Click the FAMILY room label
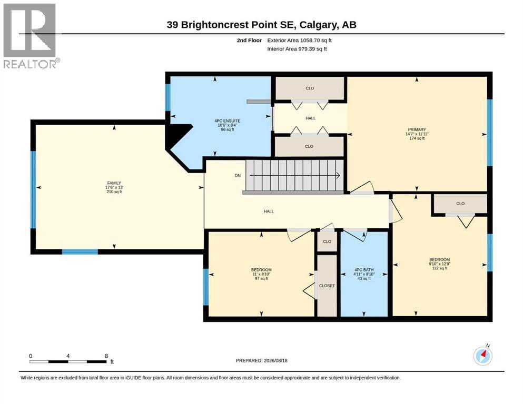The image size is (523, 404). pos(114,183)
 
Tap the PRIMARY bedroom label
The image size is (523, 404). pos(417,129)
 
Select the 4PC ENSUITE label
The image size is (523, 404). pos(228,121)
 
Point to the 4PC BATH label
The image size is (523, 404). pos(364,270)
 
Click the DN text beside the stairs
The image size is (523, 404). pos(238,176)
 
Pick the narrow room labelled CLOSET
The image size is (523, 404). pos(327,286)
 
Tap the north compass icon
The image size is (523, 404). pos(482,356)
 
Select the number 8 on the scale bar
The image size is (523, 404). pos(106,356)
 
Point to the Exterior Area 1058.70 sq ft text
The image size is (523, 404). pos(299,41)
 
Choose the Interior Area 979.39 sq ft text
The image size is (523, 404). pos(297,49)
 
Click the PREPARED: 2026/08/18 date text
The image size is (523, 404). pos(261,360)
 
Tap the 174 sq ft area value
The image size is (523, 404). pos(417,138)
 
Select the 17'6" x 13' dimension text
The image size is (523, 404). pos(114,187)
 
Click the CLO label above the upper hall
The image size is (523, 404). pos(310,88)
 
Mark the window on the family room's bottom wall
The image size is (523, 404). pos(80,252)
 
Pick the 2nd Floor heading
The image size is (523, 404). pos(249,41)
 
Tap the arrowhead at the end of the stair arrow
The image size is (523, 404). pos(338,176)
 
